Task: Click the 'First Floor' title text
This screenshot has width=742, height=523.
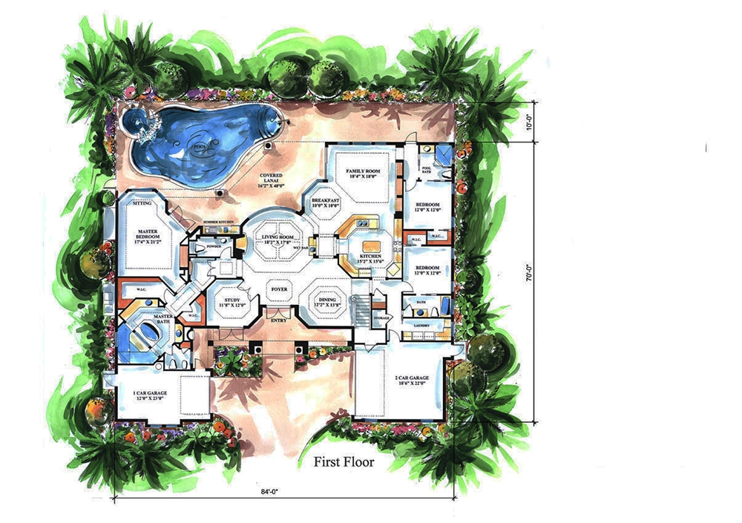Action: (344, 462)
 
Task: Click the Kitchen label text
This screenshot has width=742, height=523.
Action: (370, 257)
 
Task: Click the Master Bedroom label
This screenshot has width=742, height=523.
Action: (148, 237)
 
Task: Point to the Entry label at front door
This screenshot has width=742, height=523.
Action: (278, 320)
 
